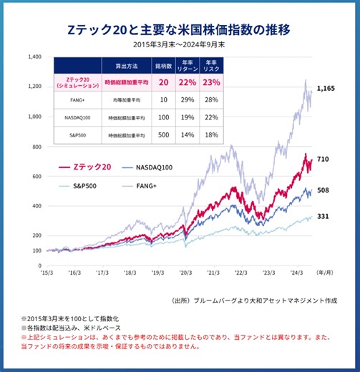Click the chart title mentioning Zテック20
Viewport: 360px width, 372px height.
180,31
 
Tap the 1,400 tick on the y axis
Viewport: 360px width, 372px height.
34,56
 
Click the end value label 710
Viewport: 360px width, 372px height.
322,160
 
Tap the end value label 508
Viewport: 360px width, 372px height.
322,190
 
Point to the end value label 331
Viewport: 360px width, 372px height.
322,216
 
